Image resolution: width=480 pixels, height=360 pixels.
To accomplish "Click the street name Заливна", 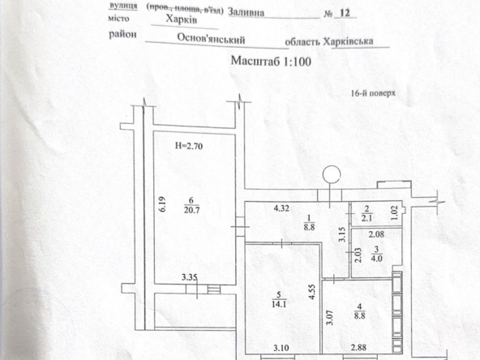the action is [x=246, y=12].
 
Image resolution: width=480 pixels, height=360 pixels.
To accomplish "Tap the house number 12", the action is [x=345, y=13].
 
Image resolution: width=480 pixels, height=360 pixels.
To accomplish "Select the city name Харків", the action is [x=182, y=19].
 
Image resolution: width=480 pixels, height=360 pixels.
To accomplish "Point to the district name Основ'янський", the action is [x=212, y=39].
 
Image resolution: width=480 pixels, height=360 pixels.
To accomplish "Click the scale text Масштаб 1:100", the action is [x=271, y=61].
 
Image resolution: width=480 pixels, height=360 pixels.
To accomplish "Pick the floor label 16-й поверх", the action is [x=373, y=93].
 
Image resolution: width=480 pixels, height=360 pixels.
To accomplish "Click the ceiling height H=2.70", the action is [x=189, y=146].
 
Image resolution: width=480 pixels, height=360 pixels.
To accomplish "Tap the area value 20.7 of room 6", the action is [x=191, y=210].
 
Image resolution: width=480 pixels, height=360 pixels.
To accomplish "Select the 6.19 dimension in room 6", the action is [x=162, y=204].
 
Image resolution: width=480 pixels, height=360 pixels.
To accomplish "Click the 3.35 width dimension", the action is [x=190, y=277].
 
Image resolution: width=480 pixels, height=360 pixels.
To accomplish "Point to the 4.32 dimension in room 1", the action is [x=281, y=208].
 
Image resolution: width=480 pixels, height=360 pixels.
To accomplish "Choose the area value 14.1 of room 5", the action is [x=279, y=304].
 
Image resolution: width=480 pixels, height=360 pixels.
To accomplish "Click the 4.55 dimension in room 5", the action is [x=312, y=292].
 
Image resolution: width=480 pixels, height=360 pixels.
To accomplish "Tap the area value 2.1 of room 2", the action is [x=366, y=218].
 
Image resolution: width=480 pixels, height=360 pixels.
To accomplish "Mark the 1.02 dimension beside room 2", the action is [x=395, y=212].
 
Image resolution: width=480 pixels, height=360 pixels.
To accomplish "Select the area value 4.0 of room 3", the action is [x=376, y=259].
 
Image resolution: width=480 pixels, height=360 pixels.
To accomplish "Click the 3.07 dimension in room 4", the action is [x=329, y=318].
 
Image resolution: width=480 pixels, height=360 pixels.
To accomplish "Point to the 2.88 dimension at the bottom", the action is [x=358, y=348].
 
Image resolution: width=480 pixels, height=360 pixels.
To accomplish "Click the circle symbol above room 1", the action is [x=332, y=174].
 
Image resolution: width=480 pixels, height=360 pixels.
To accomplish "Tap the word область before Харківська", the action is [x=302, y=42].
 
